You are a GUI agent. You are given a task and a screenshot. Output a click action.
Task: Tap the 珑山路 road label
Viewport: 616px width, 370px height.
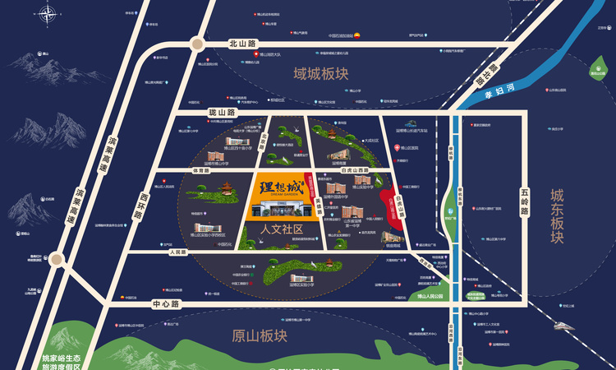[222, 112]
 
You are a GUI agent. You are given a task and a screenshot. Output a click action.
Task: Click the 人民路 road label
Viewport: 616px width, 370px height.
[177, 253]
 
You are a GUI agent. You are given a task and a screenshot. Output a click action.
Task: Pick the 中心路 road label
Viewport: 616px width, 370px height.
[165, 304]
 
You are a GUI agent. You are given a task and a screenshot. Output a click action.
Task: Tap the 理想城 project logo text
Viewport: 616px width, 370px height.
[281, 187]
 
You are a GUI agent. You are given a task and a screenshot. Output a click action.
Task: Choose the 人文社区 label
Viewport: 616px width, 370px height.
[282, 228]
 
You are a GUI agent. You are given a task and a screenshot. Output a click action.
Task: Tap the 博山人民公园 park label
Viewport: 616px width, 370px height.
[428, 296]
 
